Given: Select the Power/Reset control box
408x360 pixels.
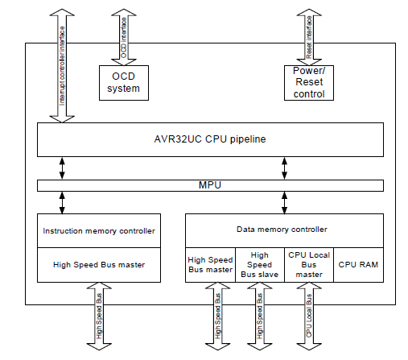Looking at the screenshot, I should coord(310,82).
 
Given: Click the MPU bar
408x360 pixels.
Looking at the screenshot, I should coord(211,186).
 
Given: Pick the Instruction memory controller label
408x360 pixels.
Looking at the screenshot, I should coord(99,231).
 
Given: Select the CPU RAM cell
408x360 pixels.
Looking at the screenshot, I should coord(358,264).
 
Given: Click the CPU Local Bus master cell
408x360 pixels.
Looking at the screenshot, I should coord(310,264).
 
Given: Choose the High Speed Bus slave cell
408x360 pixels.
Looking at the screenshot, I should coord(260,264).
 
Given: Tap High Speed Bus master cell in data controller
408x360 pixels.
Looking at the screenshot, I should coord(211,264).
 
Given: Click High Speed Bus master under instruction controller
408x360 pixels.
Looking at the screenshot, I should coord(99,264).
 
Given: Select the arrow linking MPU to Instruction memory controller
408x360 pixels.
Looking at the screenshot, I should coord(62,202).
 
